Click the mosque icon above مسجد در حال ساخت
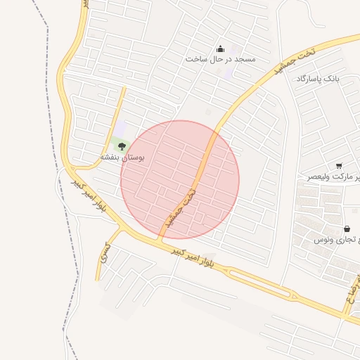click(x=220, y=49)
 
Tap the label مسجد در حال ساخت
click(x=220, y=59)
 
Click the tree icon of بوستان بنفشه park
click(x=122, y=146)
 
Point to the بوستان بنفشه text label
click(x=122, y=157)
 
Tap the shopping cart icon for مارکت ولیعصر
click(x=339, y=166)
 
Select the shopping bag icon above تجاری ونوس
click(x=347, y=229)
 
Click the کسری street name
click(x=104, y=254)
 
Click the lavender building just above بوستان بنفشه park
click(x=121, y=128)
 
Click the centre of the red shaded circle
click(x=180, y=180)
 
